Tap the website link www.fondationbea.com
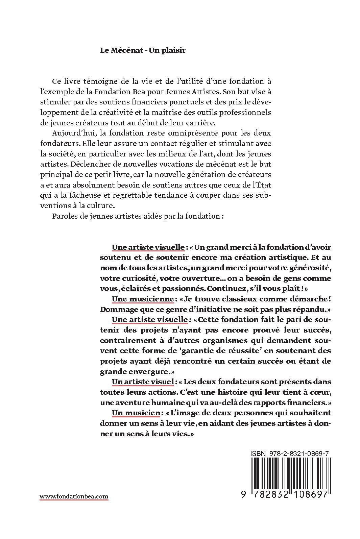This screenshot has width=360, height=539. click(74, 496)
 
